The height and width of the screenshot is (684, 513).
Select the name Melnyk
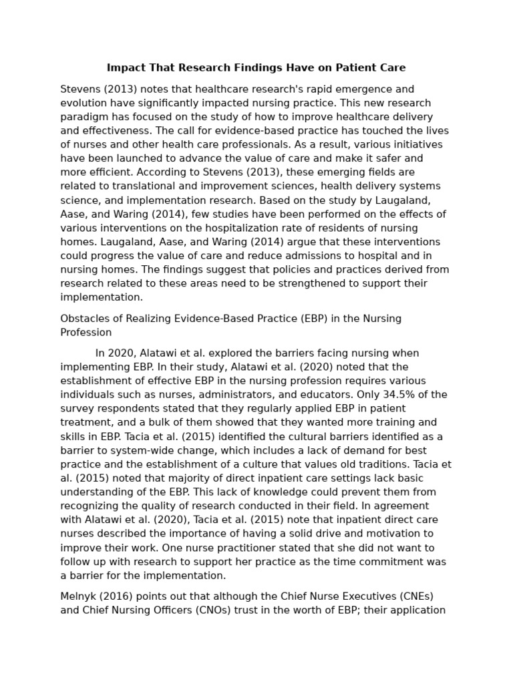click(x=77, y=596)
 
